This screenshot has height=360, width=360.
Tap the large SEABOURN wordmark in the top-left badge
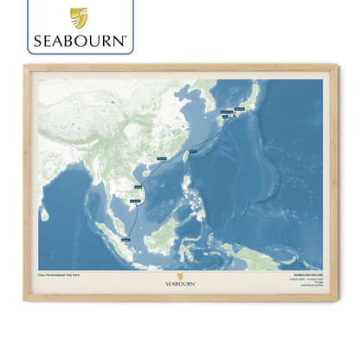point(80,41)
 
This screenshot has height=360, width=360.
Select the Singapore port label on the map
point(127,238)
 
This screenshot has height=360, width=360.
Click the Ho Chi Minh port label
point(135,200)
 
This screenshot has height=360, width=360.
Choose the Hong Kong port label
point(160,159)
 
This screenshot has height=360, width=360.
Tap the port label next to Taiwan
point(192,151)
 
